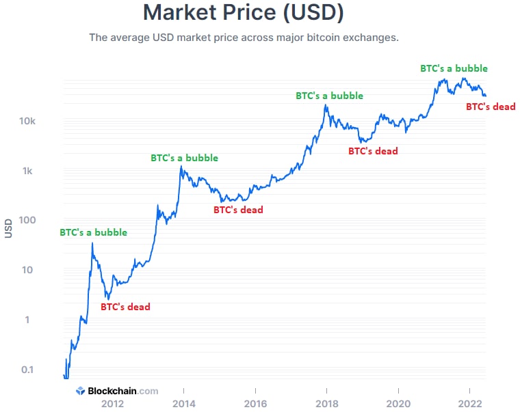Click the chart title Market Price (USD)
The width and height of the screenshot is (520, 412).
coord(244,12)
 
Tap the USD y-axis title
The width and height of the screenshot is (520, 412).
coord(9,228)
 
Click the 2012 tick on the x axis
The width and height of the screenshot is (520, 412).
coord(112,402)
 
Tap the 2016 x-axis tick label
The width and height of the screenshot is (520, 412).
coord(255,402)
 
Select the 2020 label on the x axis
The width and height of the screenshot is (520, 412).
coord(398,402)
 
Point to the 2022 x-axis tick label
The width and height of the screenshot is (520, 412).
coord(469,402)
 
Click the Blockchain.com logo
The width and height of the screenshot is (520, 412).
coord(117,391)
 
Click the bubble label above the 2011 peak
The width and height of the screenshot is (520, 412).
coord(93,232)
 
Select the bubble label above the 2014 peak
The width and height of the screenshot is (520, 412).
coord(184,158)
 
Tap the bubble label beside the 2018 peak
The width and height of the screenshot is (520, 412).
coord(329,96)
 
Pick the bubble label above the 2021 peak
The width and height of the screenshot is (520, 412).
coord(454,68)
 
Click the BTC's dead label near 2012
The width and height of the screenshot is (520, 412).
coord(125,307)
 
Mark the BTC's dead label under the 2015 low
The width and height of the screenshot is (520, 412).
coord(238,210)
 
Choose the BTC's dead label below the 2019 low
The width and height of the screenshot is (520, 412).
coord(373,151)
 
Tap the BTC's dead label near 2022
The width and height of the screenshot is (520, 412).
coord(491,107)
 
